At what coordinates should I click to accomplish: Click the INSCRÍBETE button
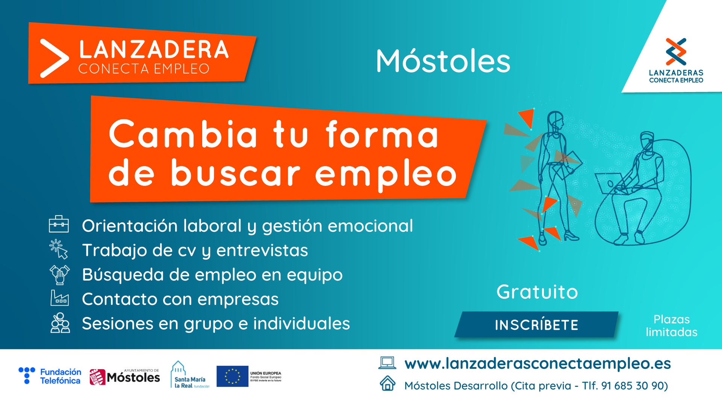tap(536, 325)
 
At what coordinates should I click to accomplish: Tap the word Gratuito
tap(537, 292)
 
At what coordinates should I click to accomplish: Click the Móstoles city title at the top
tap(443, 61)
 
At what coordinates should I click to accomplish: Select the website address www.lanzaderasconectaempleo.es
tap(537, 364)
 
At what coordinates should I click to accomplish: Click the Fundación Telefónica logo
tap(50, 376)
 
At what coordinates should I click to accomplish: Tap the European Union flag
tap(232, 376)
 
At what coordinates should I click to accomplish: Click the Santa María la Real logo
tap(190, 375)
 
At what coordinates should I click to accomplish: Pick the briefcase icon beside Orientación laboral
tap(59, 224)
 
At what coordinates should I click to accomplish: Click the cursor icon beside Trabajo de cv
tap(59, 249)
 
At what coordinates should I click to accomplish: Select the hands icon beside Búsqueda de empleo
tap(59, 274)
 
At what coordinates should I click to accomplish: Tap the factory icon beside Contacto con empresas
tap(59, 298)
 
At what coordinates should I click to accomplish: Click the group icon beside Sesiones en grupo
tap(60, 323)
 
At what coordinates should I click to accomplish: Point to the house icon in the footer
tap(387, 384)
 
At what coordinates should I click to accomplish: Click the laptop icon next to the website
tap(387, 363)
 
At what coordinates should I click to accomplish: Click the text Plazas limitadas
tap(672, 326)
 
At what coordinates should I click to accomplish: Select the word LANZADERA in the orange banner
tap(154, 50)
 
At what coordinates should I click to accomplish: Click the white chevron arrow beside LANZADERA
tap(54, 58)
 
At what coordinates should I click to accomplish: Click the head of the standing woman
tap(555, 120)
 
